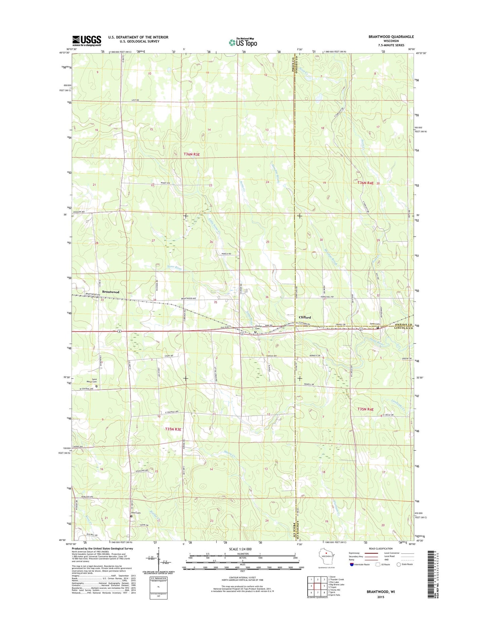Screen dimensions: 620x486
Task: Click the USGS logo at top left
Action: (86, 41)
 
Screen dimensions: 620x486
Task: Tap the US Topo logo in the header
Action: (243, 42)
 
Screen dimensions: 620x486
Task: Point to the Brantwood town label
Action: (110, 292)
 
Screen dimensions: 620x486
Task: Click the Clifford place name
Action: (305, 317)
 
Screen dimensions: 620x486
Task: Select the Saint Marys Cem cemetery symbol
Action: (96, 386)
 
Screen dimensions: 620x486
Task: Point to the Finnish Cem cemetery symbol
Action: (255, 332)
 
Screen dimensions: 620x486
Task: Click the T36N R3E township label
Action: (192, 154)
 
